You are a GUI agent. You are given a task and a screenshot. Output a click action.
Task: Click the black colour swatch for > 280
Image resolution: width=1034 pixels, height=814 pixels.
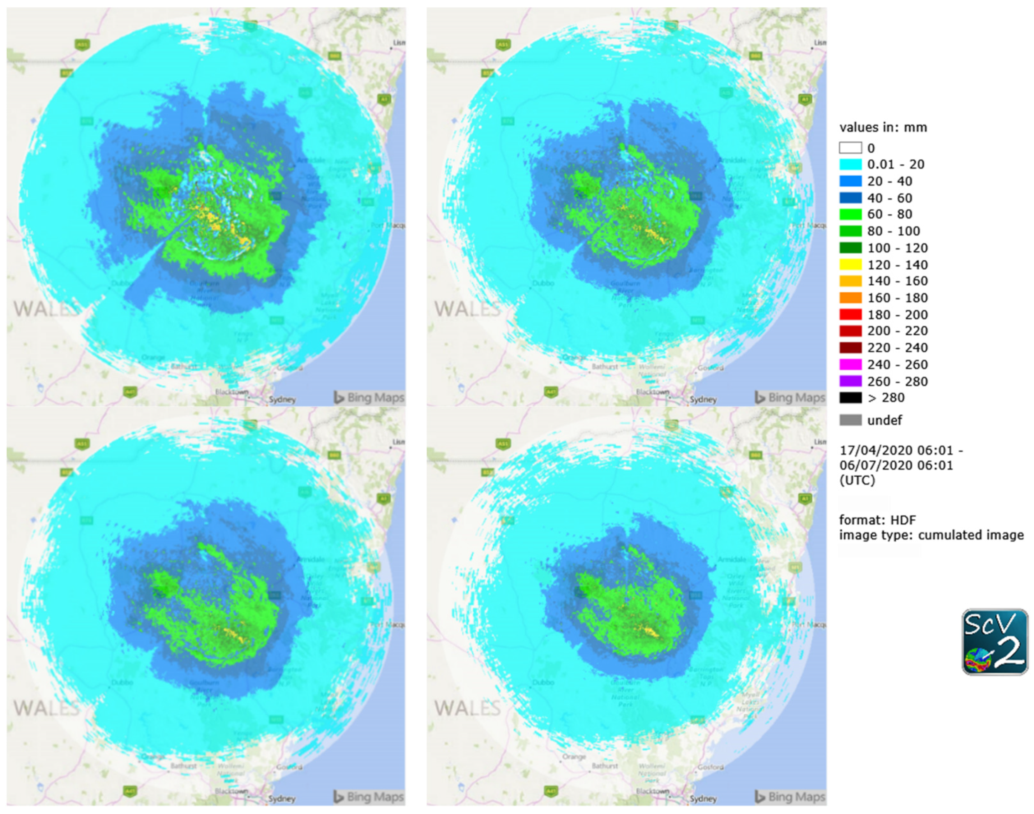tap(850, 398)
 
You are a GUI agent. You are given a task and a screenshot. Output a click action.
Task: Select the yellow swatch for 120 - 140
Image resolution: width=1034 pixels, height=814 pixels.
tap(850, 265)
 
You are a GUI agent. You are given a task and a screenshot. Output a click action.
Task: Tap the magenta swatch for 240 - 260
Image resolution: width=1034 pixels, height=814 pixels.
tap(850, 364)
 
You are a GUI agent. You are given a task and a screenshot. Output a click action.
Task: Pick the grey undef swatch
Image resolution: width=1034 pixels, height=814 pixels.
tap(850, 420)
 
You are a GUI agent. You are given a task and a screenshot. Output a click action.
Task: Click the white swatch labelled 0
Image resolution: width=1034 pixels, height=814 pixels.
tap(850, 148)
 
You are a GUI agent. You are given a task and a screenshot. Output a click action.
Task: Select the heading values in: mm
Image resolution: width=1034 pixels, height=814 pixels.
tap(883, 128)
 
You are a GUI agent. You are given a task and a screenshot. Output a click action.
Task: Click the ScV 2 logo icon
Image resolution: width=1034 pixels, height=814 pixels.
tap(994, 641)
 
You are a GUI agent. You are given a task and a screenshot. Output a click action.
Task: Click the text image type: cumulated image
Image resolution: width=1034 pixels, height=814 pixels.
tap(931, 535)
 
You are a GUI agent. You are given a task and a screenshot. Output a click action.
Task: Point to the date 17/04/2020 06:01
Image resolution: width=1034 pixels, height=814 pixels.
tap(896, 450)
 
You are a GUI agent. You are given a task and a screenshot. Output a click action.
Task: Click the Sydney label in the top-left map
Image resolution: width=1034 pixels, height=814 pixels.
tap(282, 399)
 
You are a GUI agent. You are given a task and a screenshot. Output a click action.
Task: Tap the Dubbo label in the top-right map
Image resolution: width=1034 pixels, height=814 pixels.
tap(543, 283)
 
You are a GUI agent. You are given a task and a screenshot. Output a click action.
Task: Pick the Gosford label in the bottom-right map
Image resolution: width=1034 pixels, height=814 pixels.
tap(710, 767)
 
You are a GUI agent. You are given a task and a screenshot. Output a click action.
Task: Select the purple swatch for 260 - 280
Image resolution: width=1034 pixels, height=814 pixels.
tap(850, 381)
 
